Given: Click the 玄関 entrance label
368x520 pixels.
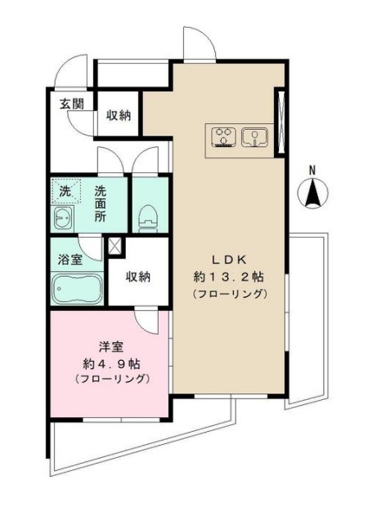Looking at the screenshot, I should click(71, 104).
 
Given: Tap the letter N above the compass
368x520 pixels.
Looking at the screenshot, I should click(312, 170).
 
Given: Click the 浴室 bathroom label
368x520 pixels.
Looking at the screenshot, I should click(69, 260).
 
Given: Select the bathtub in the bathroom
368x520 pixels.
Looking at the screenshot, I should click(76, 288).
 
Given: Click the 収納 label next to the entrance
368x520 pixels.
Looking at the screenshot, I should click(119, 115).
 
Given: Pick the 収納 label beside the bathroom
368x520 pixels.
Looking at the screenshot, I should click(138, 277).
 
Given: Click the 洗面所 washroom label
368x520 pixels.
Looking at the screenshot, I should click(100, 204).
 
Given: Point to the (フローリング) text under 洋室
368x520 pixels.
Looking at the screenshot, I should click(111, 380).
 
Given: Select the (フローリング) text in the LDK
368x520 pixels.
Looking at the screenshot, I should click(229, 293).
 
